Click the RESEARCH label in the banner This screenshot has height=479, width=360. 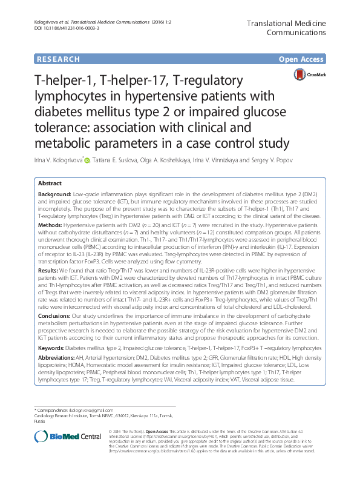(58, 59)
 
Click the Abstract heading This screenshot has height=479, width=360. (50, 183)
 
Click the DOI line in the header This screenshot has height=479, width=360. (62, 28)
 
